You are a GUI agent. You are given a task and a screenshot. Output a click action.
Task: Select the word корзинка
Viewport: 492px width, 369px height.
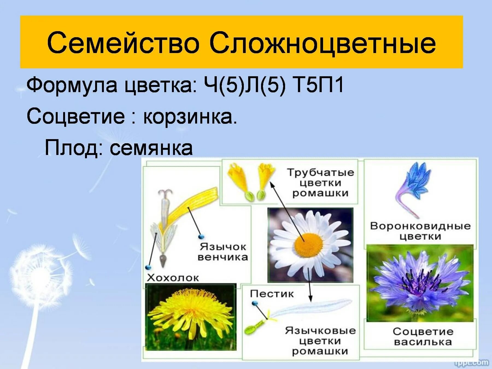click(190, 117)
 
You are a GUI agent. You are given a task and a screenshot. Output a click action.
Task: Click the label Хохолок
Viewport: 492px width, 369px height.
click(173, 278)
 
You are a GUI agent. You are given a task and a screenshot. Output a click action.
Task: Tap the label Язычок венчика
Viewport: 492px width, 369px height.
click(222, 252)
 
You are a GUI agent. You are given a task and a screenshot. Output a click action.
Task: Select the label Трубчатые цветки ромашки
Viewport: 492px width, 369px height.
click(320, 183)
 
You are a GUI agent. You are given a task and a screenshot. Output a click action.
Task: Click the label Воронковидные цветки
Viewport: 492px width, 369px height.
click(420, 231)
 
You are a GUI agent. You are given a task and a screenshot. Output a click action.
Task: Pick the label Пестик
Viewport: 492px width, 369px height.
click(272, 294)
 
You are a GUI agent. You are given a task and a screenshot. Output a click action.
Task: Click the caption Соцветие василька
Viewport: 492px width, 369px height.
click(423, 336)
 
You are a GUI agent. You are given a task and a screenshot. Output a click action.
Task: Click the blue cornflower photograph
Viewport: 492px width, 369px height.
click(420, 283)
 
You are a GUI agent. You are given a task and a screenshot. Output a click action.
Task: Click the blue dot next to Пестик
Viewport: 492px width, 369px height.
click(254, 303)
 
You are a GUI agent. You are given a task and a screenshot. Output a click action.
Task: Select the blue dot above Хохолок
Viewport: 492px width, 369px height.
click(149, 267)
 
